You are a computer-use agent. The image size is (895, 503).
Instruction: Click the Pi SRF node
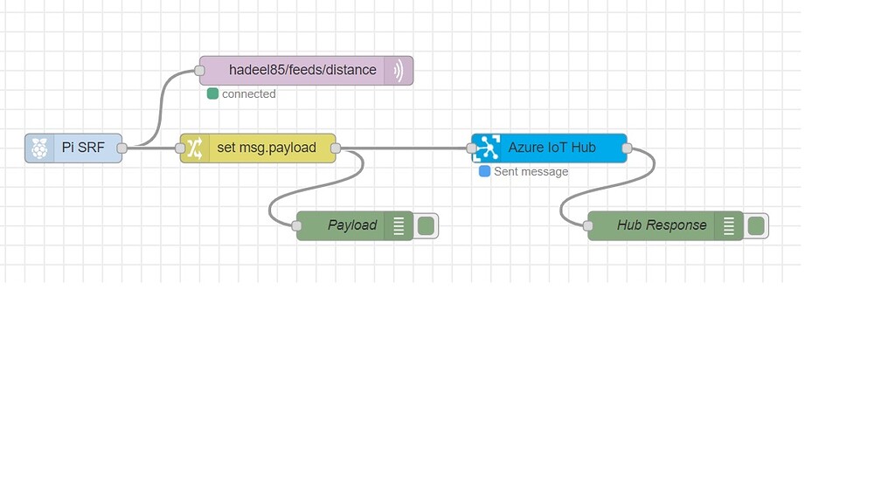pos(82,148)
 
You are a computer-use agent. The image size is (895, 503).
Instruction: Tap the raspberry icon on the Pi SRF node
pos(39,148)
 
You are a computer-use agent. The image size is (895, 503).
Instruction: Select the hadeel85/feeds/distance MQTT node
pos(302,71)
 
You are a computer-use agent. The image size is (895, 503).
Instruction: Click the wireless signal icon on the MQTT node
pos(399,71)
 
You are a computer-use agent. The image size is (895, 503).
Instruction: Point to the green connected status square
pos(212,93)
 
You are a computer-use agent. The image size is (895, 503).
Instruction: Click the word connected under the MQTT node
pos(249,93)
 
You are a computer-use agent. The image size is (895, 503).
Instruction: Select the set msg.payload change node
pos(266,148)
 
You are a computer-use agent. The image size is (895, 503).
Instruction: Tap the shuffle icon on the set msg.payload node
pos(194,148)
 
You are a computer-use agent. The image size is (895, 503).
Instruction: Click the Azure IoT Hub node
pos(552,148)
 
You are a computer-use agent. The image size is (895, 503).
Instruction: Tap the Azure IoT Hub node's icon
pos(486,148)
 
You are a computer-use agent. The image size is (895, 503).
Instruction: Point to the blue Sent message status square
pos(484,171)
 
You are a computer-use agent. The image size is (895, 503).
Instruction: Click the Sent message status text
pos(531,171)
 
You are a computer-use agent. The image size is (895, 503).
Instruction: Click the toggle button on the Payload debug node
pos(426,226)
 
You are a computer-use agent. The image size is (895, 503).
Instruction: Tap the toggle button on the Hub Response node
pos(756,226)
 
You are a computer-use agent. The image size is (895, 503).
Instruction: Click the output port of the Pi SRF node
pos(122,148)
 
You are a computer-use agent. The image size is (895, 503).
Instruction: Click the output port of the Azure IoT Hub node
pos(627,148)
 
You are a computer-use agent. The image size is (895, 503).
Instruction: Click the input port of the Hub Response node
pos(588,225)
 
